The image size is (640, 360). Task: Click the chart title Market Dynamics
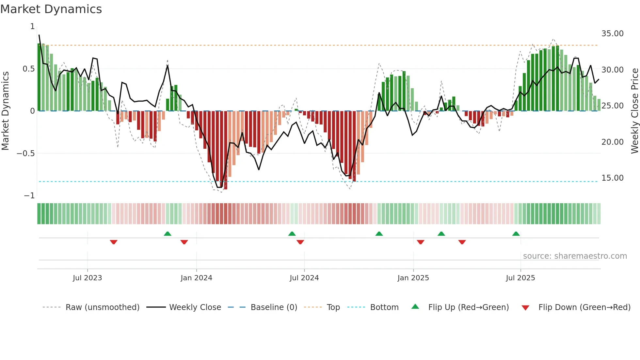tap(51, 9)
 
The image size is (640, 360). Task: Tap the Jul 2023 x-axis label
tap(87, 278)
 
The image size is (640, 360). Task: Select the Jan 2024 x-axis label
tap(196, 278)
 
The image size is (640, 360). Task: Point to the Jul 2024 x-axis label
tap(304, 278)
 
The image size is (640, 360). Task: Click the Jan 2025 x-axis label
tap(413, 278)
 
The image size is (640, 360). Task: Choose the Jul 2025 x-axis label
tap(520, 278)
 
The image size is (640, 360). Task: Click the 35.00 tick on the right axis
tap(612, 34)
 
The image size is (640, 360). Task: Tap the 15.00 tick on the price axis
tap(612, 178)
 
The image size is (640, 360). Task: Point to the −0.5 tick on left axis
tap(25, 154)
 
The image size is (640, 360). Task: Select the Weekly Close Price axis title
tap(634, 111)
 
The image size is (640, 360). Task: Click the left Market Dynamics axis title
tap(5, 111)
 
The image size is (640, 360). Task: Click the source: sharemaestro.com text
tap(575, 256)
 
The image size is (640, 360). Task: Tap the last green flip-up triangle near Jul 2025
tap(516, 234)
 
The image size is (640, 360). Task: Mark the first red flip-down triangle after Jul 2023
tap(114, 242)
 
